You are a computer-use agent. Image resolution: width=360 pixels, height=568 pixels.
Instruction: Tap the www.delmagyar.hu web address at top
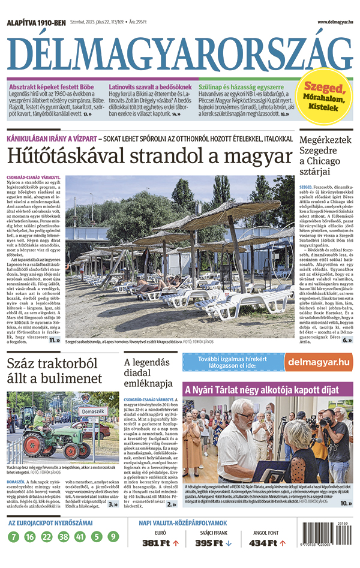[x=326, y=22]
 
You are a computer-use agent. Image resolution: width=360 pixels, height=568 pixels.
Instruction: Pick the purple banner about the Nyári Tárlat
[x=268, y=390]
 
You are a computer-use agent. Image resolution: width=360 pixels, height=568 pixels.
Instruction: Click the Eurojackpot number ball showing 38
[x=62, y=537]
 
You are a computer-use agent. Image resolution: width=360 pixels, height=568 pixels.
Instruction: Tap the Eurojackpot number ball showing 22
[x=46, y=537]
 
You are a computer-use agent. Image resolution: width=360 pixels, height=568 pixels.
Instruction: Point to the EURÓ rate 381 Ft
[x=158, y=543]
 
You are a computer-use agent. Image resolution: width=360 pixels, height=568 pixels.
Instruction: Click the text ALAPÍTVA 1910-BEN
[x=35, y=22]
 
